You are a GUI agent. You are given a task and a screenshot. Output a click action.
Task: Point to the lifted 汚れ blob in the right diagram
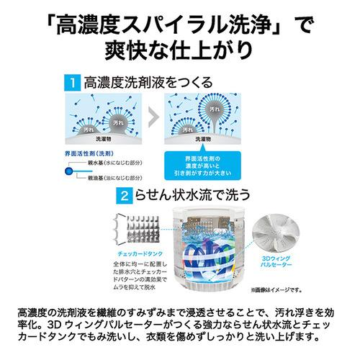213,107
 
